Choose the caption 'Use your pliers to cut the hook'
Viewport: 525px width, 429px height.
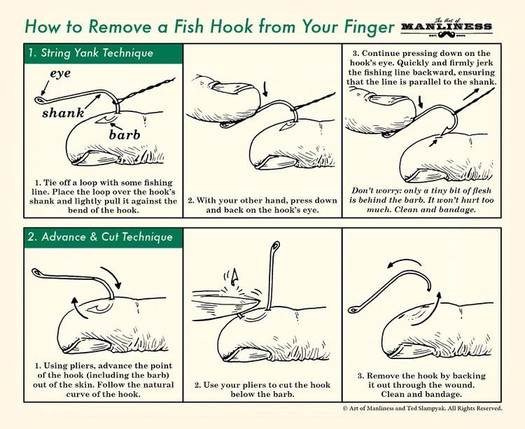click(x=262, y=384)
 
